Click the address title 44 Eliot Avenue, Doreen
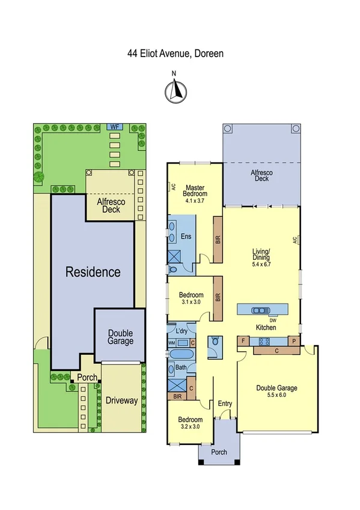point(175,53)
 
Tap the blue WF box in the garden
point(114,127)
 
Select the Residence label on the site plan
point(93,272)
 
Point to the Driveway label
point(121,400)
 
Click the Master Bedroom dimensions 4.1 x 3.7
point(195,201)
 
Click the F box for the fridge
point(243,341)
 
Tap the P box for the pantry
point(294,341)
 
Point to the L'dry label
point(181,331)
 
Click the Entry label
point(225,404)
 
